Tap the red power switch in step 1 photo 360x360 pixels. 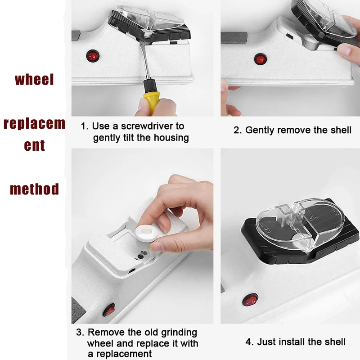(93, 57)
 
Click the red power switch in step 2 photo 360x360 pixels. (261, 58)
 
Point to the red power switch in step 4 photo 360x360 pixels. (250, 300)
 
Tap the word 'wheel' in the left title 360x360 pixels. (34, 80)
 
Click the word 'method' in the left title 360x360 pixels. (34, 189)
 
